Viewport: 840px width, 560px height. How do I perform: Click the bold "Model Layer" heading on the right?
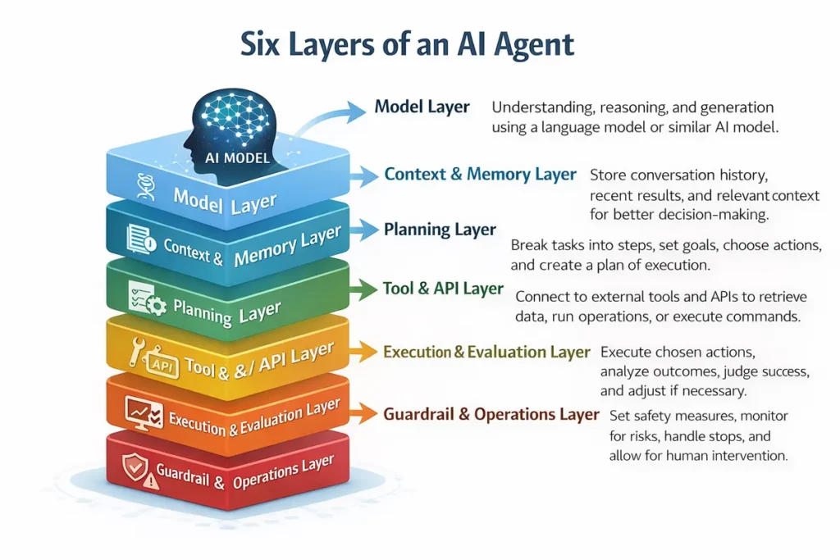click(x=422, y=107)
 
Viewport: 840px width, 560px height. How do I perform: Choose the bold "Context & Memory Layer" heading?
click(x=480, y=175)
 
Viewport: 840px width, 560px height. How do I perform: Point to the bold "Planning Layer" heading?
click(x=440, y=230)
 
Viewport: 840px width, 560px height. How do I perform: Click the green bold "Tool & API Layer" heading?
click(x=443, y=289)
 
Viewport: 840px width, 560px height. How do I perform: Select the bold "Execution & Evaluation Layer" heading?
click(x=486, y=352)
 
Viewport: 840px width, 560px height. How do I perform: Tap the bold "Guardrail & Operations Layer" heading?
click(x=491, y=414)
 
